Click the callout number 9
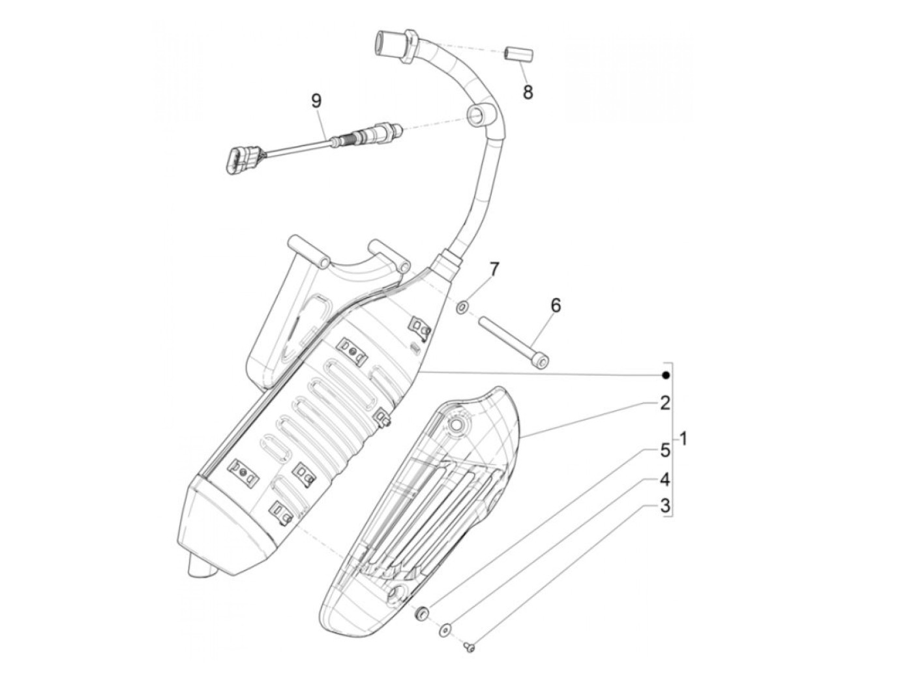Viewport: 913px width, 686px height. click(x=316, y=100)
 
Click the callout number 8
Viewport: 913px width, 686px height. click(x=528, y=92)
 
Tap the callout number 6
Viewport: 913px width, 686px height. click(x=556, y=305)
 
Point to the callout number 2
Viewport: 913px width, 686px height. click(x=665, y=403)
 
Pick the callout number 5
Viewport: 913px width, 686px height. click(x=665, y=449)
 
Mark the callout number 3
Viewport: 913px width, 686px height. click(x=665, y=505)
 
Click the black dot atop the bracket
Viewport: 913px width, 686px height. click(x=665, y=375)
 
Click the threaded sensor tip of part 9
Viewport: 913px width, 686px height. click(x=352, y=138)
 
